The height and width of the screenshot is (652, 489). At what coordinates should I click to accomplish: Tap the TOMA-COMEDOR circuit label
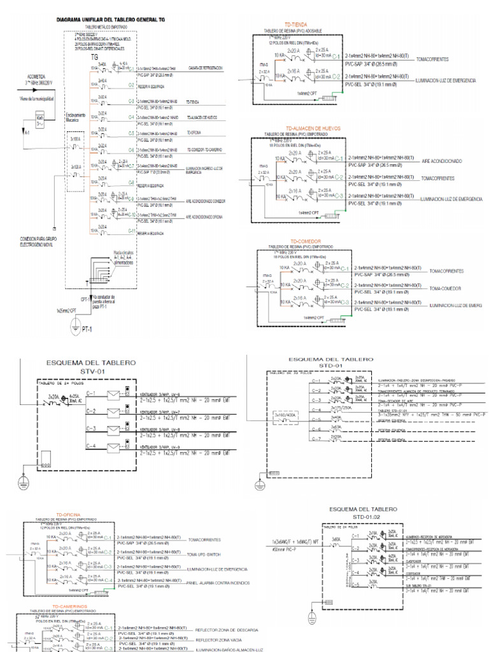click(x=446, y=288)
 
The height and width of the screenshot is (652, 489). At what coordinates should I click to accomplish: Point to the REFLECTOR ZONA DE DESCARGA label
click(x=227, y=629)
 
